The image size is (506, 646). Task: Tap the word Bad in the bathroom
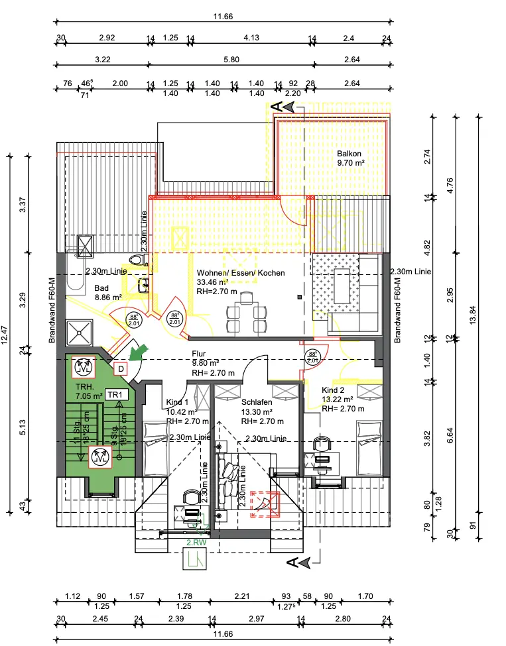[101, 288]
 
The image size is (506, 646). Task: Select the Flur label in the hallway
[199, 354]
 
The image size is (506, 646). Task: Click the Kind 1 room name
[177, 402]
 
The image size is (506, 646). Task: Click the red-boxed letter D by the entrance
[121, 368]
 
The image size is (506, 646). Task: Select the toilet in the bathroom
[138, 260]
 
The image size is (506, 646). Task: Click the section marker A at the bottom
[292, 562]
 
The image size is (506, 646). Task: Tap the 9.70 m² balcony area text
[351, 162]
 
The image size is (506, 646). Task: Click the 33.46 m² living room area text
[212, 282]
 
